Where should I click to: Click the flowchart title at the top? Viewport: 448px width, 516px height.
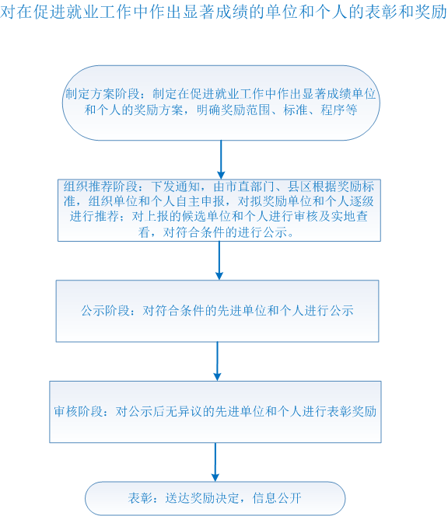click(224, 12)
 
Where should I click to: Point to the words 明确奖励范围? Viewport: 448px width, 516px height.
click(233, 110)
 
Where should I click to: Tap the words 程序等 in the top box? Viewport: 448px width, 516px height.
click(339, 110)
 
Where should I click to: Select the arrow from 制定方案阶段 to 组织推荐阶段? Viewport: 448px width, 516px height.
click(221, 159)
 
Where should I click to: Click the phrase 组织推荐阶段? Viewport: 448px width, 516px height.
click(100, 187)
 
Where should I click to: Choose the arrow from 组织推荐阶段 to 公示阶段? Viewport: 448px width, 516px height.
click(219, 260)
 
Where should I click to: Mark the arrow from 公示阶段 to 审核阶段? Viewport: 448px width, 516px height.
click(217, 361)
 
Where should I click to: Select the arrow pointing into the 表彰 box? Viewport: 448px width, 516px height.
click(215, 462)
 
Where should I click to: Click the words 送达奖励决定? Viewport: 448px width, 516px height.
click(202, 498)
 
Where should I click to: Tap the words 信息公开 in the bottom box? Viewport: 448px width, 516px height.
click(277, 498)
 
